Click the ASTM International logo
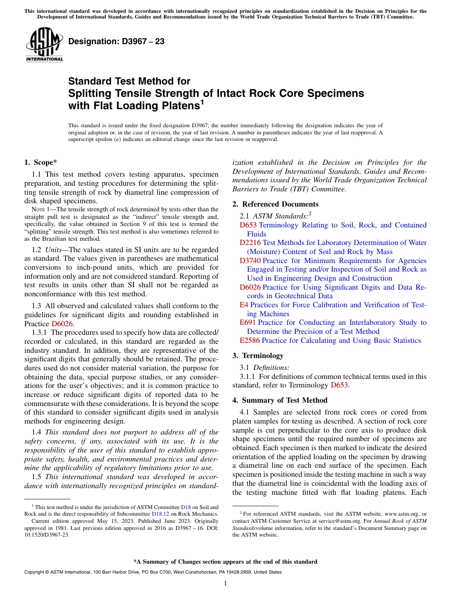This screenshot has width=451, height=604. pos(44,45)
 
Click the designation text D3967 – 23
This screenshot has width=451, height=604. pos(116,41)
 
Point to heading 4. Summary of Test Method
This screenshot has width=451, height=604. pos(280,400)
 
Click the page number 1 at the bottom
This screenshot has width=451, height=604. pos(225,584)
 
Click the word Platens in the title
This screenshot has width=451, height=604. pos(173,105)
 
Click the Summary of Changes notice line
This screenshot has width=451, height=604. pos(225,562)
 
